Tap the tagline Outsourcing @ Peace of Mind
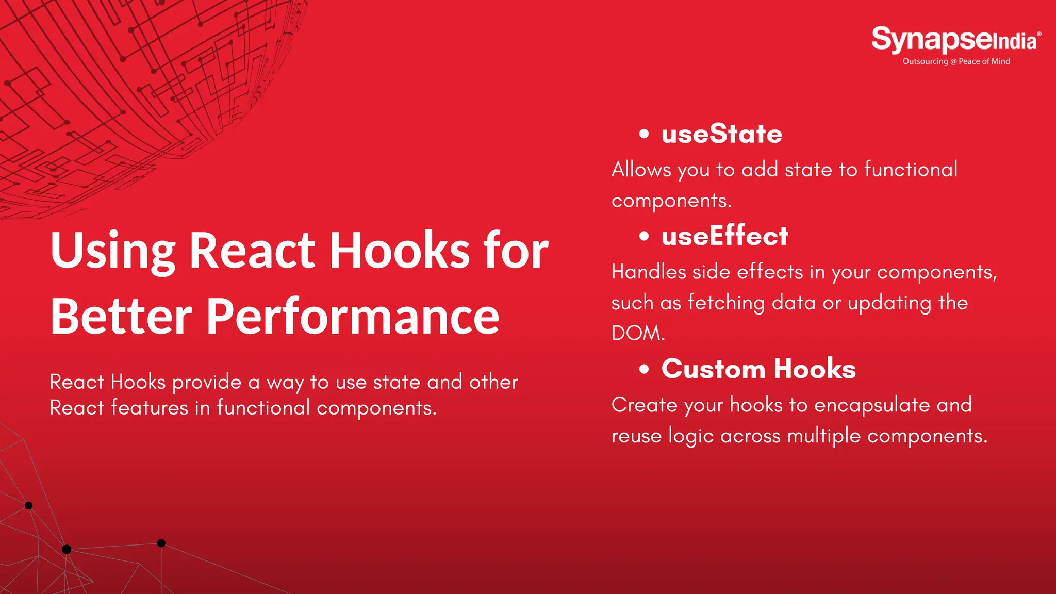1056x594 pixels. pyautogui.click(x=956, y=61)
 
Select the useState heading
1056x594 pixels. pyautogui.click(x=721, y=134)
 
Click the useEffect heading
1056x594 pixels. pyautogui.click(x=724, y=236)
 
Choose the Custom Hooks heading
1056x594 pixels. pyautogui.click(x=758, y=369)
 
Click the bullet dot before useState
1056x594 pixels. pyautogui.click(x=643, y=134)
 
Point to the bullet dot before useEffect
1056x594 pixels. pyautogui.click(x=643, y=237)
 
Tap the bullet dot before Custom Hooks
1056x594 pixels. pyautogui.click(x=643, y=369)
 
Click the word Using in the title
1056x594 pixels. pyautogui.click(x=113, y=251)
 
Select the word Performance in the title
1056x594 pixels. pyautogui.click(x=353, y=317)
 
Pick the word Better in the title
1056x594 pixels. pyautogui.click(x=121, y=317)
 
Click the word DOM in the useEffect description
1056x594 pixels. pyautogui.click(x=636, y=334)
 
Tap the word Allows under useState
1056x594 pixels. pyautogui.click(x=641, y=170)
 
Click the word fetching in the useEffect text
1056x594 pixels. pyautogui.click(x=726, y=303)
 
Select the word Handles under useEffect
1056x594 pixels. pyautogui.click(x=649, y=272)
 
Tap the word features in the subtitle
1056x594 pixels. pyautogui.click(x=150, y=408)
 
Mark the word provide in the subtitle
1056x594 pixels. pyautogui.click(x=206, y=383)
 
